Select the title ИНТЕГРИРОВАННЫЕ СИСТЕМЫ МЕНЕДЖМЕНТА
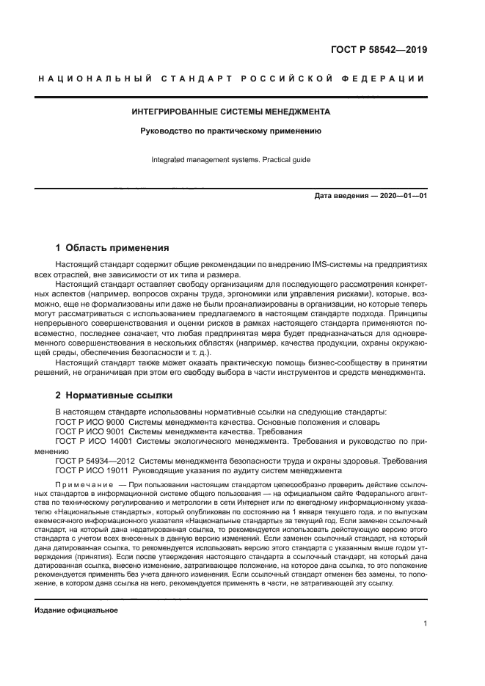(x=231, y=112)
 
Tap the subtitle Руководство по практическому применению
(x=231, y=131)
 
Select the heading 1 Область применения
(x=112, y=247)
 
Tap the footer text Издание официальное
(x=76, y=610)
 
